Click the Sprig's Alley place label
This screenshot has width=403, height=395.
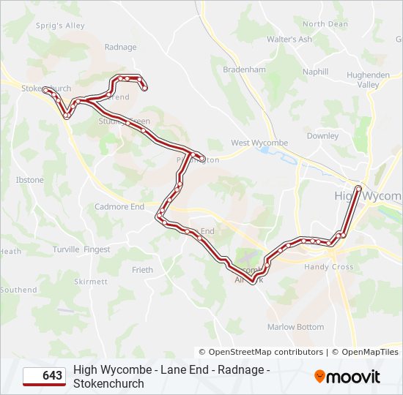coord(60,26)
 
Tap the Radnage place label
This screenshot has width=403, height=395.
coord(120,48)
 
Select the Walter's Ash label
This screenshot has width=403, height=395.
coord(289,39)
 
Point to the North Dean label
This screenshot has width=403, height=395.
coord(325,24)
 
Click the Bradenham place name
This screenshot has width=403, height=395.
coord(243,69)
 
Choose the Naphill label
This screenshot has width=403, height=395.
coord(315,72)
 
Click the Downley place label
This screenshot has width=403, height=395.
coord(322,136)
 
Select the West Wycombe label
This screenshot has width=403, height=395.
coord(259,143)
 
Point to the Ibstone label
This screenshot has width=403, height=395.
coord(29,180)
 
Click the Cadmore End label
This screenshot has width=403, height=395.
coord(119,207)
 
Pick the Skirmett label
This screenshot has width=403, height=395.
coord(91,282)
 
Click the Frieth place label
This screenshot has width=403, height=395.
coord(142,270)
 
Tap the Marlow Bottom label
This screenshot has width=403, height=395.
coord(295,327)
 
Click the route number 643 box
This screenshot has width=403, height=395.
coord(44,376)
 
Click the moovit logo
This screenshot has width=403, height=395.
coord(347,376)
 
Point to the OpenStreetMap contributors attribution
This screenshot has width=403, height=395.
coord(262,352)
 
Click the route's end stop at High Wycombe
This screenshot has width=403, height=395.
coord(358,189)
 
